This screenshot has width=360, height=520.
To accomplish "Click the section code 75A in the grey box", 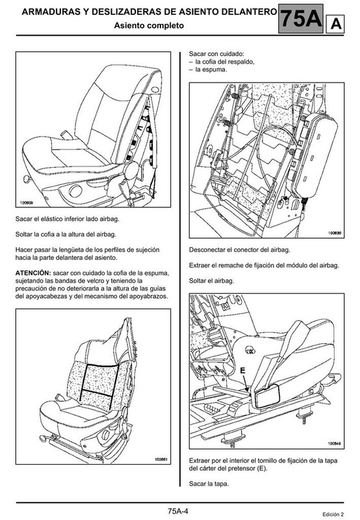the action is click(x=301, y=19).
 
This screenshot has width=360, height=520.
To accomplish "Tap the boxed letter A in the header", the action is click(x=335, y=24).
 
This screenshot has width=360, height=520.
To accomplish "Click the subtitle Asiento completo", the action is click(x=149, y=25).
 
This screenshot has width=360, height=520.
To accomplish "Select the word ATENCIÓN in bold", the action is click(x=33, y=273).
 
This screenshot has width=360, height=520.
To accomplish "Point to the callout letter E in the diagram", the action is click(x=242, y=370).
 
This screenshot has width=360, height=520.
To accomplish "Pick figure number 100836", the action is click(x=335, y=233).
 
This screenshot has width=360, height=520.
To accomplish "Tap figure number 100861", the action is click(x=161, y=460).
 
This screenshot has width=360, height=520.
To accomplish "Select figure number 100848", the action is click(x=335, y=443).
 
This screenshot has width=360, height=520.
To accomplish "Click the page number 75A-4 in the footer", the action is click(x=177, y=511).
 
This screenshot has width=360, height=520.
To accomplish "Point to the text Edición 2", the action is click(x=333, y=514).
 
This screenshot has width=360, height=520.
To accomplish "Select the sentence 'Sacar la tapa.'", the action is click(x=209, y=484).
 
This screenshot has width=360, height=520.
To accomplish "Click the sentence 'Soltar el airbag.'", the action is click(x=211, y=281).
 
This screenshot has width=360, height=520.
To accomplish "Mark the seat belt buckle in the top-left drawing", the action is click(x=67, y=135).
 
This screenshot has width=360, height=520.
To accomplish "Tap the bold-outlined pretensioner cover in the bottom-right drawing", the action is click(x=268, y=396).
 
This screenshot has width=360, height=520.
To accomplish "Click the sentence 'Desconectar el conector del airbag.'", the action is click(x=240, y=250).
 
